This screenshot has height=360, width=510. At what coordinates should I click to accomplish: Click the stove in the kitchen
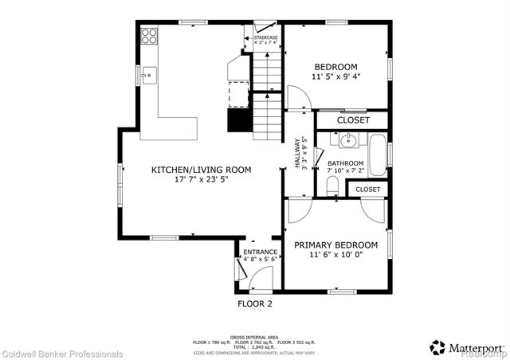[149, 36]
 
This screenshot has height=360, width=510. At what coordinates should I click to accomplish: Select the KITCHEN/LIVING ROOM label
[202, 170]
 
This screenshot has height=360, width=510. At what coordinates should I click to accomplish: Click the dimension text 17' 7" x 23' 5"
[202, 180]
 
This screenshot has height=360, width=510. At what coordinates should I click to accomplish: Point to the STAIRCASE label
[265, 37]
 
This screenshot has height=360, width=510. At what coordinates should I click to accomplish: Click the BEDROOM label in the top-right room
[335, 67]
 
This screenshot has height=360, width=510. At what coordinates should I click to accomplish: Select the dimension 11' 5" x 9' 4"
[335, 78]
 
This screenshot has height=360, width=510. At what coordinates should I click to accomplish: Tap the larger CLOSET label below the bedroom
[353, 120]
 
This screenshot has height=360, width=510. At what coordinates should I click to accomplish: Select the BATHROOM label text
[345, 163]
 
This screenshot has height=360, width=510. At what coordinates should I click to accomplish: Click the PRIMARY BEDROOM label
[335, 245]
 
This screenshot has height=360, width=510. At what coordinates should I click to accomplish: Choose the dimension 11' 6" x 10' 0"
[335, 256]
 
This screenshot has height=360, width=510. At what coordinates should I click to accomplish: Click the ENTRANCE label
[260, 252]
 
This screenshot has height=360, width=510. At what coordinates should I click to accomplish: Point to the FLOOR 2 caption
[255, 304]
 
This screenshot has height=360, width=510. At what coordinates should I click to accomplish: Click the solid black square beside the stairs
[239, 120]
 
